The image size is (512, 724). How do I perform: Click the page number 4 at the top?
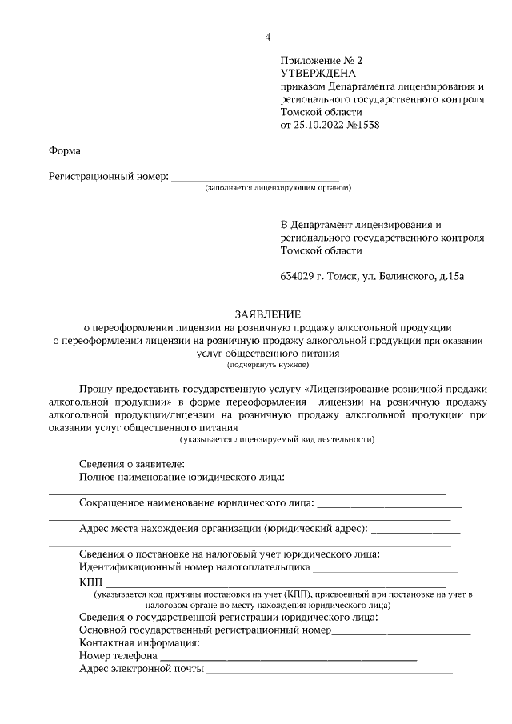click(x=270, y=37)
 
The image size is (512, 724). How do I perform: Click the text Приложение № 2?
click(x=321, y=61)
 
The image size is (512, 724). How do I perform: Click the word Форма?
click(x=65, y=150)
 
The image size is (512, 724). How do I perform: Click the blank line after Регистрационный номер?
click(x=255, y=176)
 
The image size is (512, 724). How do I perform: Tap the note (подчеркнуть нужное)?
click(x=269, y=364)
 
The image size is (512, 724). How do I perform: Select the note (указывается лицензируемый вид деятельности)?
click(x=277, y=438)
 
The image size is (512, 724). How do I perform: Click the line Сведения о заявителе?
click(x=132, y=465)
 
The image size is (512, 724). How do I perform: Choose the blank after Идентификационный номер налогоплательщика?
click(x=386, y=569)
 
